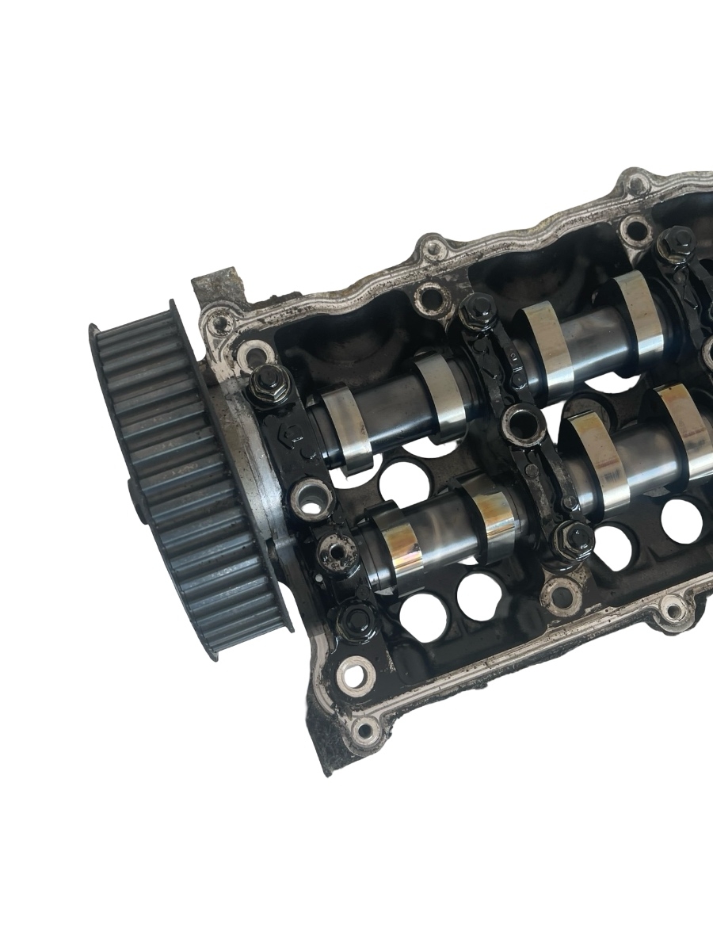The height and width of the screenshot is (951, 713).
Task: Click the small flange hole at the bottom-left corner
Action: tap(364, 728)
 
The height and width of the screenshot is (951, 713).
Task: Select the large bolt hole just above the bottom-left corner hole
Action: tap(354, 675)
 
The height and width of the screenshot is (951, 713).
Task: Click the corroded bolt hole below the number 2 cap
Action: tap(564, 590)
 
